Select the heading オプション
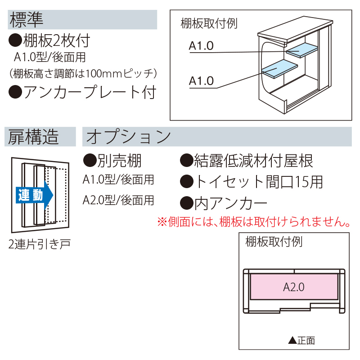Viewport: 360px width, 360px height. point(128,137)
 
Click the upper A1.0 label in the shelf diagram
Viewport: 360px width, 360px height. point(202,46)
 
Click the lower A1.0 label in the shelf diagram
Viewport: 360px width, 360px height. point(202,81)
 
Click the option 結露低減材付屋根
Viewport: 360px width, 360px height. point(247,161)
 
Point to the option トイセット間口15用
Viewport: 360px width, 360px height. point(252,182)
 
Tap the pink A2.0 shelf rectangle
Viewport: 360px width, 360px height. point(294,286)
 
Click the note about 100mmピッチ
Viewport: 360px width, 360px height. point(83,73)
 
